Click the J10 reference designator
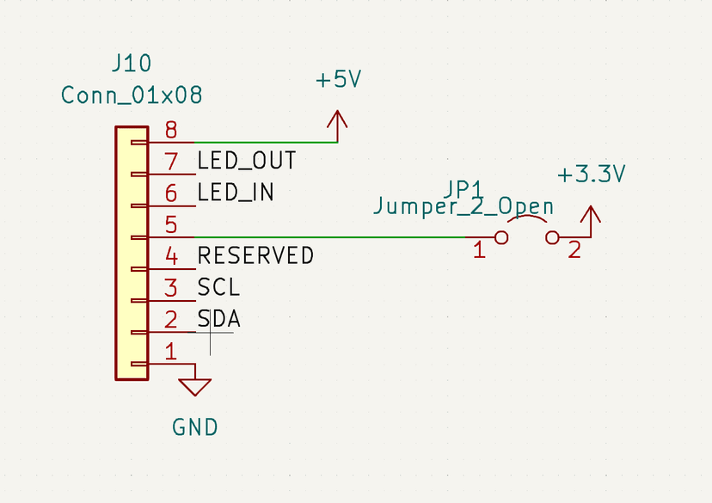132,64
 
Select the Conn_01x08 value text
132,95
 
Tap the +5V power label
338,80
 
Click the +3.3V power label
591,175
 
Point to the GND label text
195,426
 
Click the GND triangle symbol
196,386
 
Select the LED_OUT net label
247,161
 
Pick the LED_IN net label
236,193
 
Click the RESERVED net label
255,256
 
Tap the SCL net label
218,288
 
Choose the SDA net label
218,320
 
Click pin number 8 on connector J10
171,131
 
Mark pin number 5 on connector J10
171,225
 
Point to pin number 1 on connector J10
171,351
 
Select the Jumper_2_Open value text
463,207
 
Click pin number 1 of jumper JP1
479,251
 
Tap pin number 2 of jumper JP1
574,251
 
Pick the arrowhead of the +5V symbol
338,120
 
